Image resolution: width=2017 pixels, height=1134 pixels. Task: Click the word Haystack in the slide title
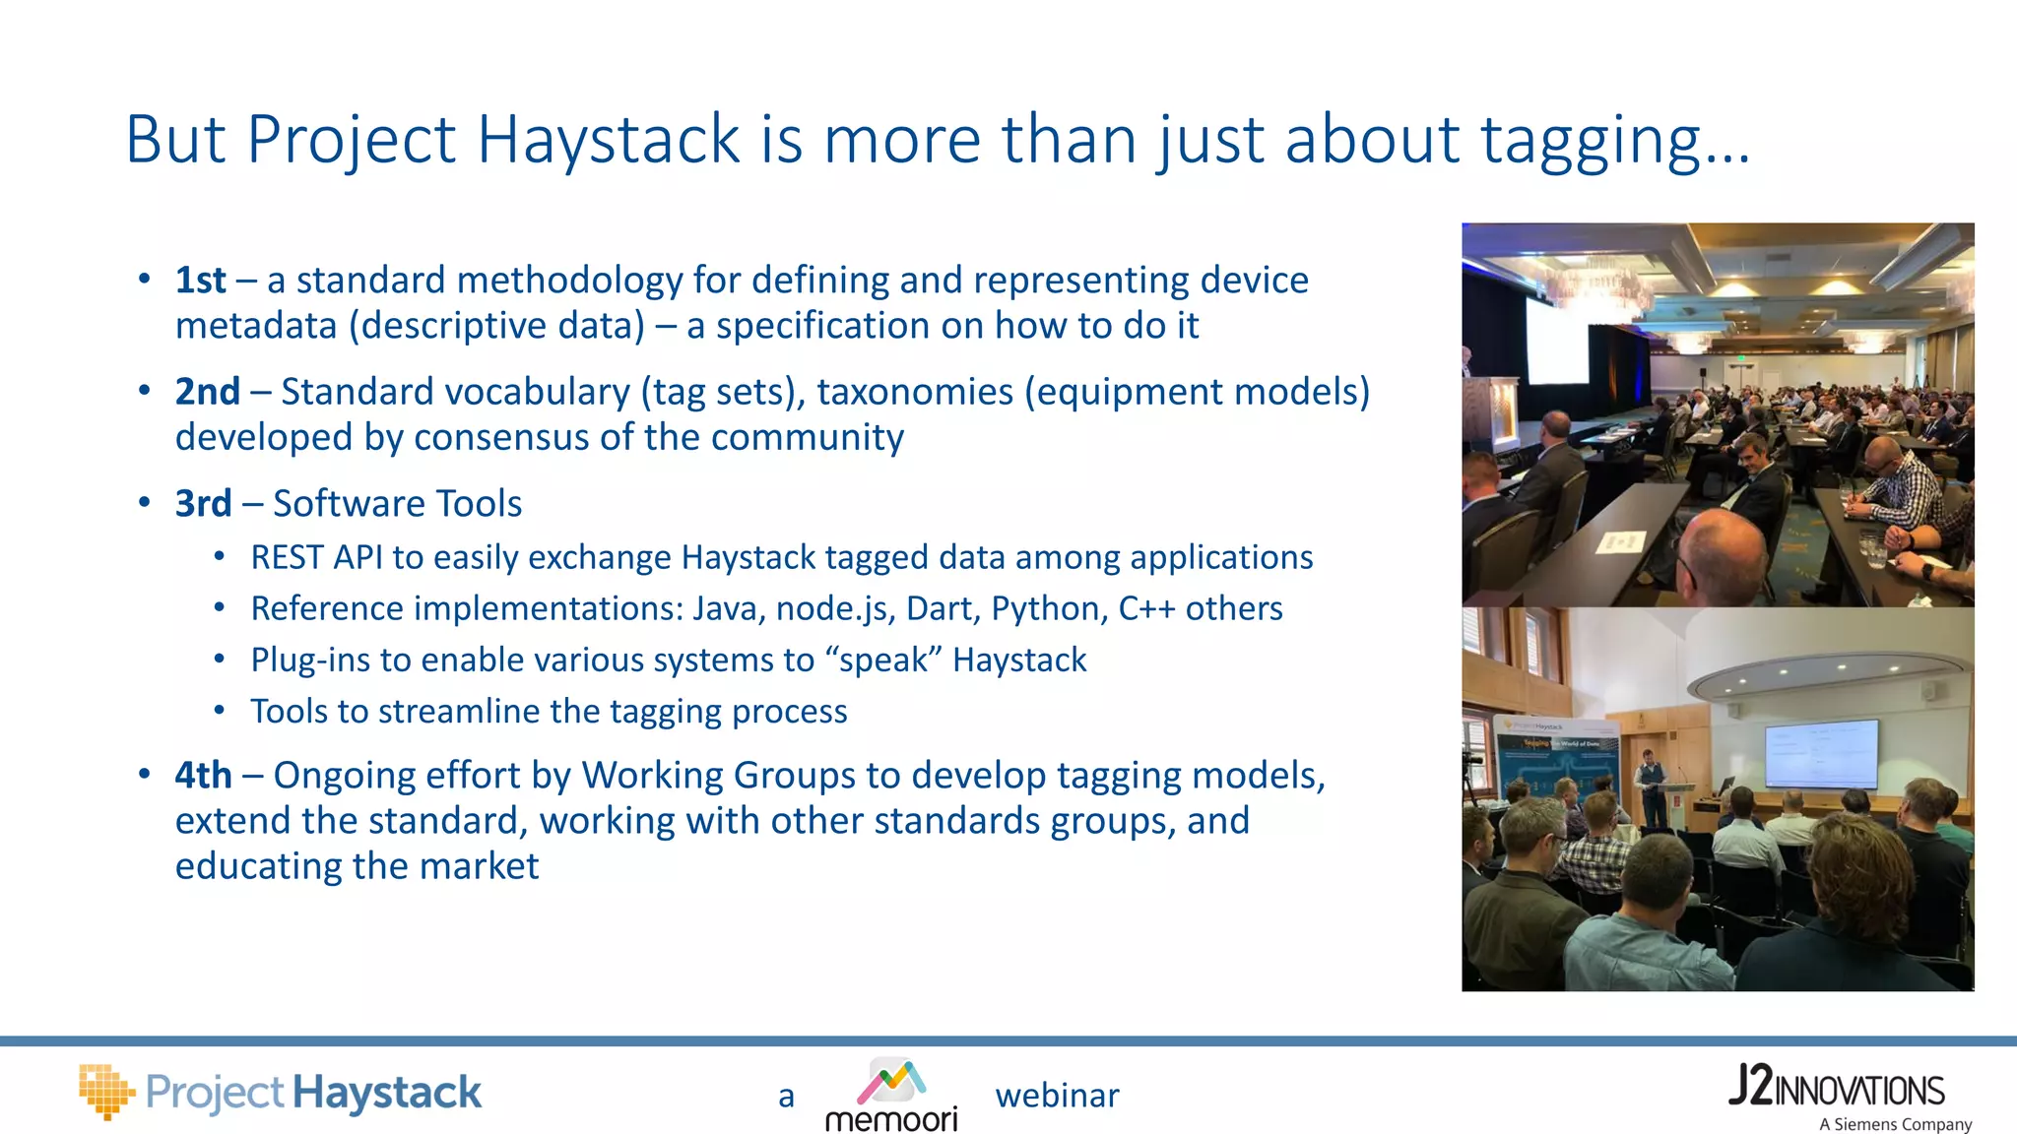tap(608, 140)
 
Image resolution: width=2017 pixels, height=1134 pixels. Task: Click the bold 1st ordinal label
tap(200, 281)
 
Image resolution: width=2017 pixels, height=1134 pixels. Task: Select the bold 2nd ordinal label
tap(207, 392)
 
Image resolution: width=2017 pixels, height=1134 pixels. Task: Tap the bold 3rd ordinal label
tap(203, 504)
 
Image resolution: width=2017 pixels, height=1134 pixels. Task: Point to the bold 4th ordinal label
tap(203, 776)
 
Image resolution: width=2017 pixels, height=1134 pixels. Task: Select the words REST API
tap(316, 558)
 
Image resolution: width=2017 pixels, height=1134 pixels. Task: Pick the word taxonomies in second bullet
tap(914, 392)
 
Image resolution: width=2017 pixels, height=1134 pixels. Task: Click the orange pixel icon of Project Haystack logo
tap(105, 1091)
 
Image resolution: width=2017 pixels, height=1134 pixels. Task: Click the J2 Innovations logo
tap(1836, 1088)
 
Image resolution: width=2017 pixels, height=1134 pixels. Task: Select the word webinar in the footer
tap(1057, 1096)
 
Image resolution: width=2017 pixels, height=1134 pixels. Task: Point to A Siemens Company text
tap(1895, 1124)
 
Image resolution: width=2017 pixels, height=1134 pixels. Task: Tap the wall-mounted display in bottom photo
tap(1821, 754)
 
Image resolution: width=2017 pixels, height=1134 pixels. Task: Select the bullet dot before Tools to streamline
tap(220, 710)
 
